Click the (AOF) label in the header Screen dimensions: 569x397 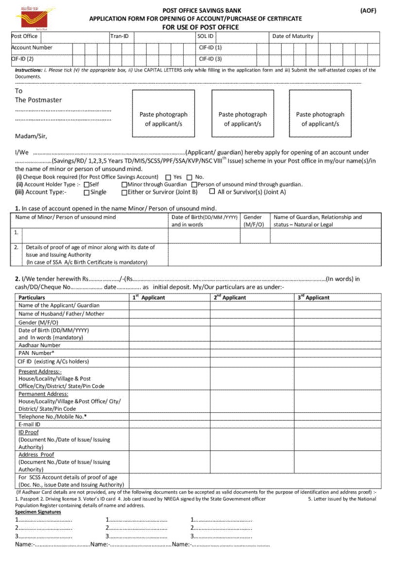click(368, 11)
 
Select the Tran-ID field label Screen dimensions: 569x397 click(119, 36)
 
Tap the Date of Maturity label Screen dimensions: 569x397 click(293, 36)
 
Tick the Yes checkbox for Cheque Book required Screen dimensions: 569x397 click(168, 178)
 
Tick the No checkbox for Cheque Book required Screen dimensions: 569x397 click(189, 178)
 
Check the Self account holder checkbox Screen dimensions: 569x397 click(87, 185)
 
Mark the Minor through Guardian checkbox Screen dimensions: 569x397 click(124, 185)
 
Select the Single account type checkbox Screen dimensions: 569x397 click(87, 193)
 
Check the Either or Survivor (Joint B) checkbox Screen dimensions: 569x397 click(124, 193)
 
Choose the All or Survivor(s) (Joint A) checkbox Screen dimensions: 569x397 click(212, 192)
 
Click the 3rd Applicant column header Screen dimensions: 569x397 click(313, 297)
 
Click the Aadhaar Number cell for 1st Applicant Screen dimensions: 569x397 click(170, 345)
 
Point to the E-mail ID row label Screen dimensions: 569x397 click(29, 424)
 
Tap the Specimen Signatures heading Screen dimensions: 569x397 click(38, 512)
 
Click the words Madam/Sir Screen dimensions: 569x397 click(31, 136)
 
